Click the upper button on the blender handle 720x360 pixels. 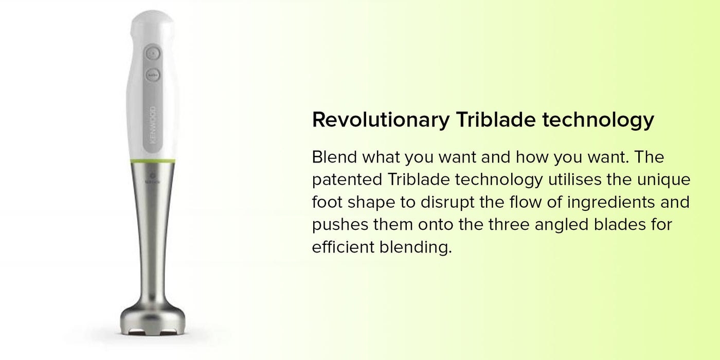(x=153, y=53)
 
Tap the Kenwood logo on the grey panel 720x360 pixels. (x=153, y=125)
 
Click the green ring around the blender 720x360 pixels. (x=153, y=161)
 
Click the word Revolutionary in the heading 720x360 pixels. (x=381, y=120)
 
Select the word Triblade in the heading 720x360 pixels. (x=496, y=119)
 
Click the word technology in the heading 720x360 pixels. (x=598, y=120)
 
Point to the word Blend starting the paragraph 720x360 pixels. (x=335, y=157)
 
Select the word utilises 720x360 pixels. (x=575, y=179)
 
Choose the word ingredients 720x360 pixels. (x=611, y=203)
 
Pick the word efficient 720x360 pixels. (x=343, y=247)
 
